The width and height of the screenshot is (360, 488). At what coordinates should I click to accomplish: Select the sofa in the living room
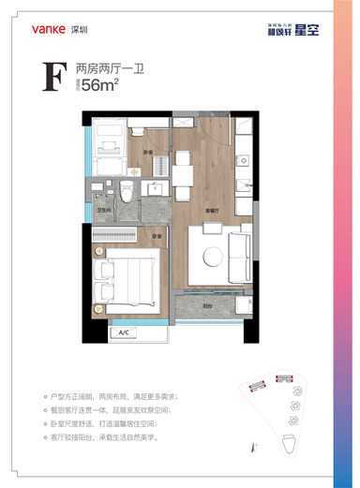click(x=240, y=248)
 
